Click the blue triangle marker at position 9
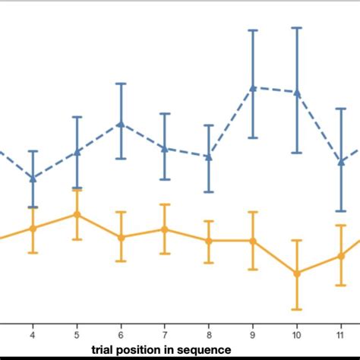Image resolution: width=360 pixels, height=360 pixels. click(x=253, y=87)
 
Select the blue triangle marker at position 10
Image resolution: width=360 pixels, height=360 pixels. click(x=297, y=92)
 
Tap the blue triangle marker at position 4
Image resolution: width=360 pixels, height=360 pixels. click(x=33, y=178)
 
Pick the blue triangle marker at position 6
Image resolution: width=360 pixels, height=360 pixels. click(x=120, y=124)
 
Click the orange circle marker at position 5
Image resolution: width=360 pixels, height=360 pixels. click(x=76, y=214)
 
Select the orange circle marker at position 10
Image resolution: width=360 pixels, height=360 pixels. click(x=297, y=273)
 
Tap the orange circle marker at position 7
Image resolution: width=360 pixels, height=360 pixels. click(x=164, y=229)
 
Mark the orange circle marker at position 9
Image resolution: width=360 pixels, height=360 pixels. click(x=253, y=241)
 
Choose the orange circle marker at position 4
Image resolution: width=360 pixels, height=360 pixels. click(x=33, y=228)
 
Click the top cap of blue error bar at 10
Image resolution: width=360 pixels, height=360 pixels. click(x=297, y=28)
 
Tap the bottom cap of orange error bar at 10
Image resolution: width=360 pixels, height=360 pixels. click(x=297, y=309)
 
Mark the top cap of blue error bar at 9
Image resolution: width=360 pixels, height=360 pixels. click(x=253, y=30)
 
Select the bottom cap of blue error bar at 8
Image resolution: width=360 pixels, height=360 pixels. click(x=209, y=191)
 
